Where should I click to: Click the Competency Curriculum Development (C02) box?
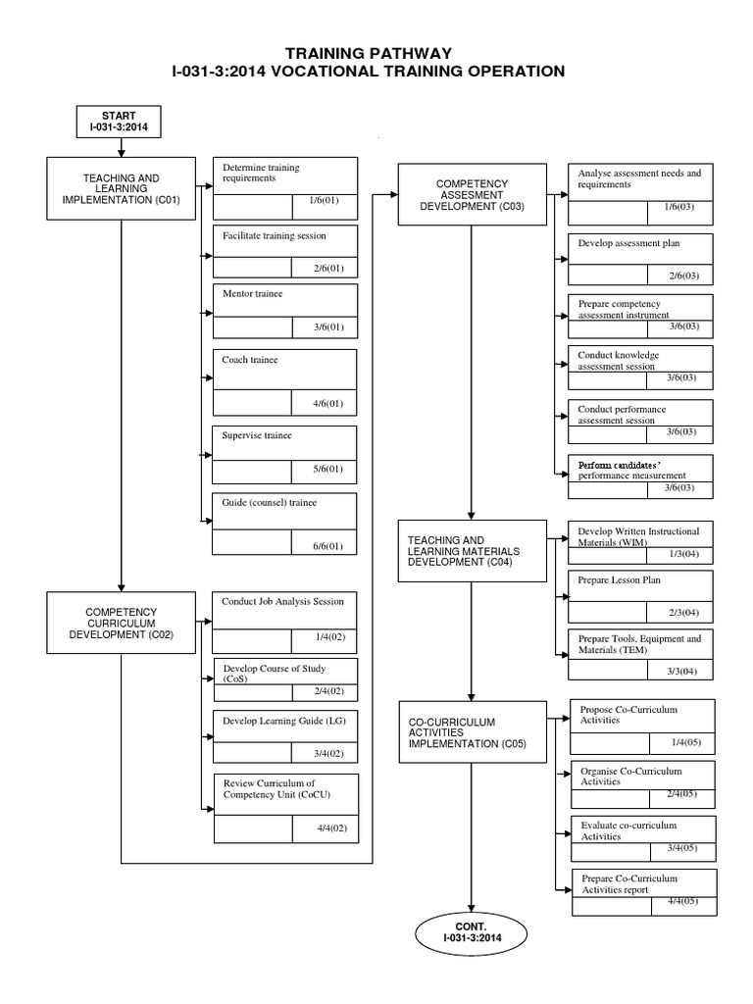(121, 622)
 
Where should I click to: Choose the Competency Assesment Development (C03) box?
(472, 194)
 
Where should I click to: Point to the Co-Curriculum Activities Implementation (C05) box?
(472, 733)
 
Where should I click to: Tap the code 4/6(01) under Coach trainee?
(323, 403)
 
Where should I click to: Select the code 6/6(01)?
(323, 545)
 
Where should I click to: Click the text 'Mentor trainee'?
(254, 293)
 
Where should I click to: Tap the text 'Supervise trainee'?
(257, 434)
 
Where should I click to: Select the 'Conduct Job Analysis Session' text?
(282, 601)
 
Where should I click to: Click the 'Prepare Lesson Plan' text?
(619, 580)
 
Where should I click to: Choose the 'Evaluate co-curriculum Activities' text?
(627, 830)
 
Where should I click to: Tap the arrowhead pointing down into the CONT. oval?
(472, 908)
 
